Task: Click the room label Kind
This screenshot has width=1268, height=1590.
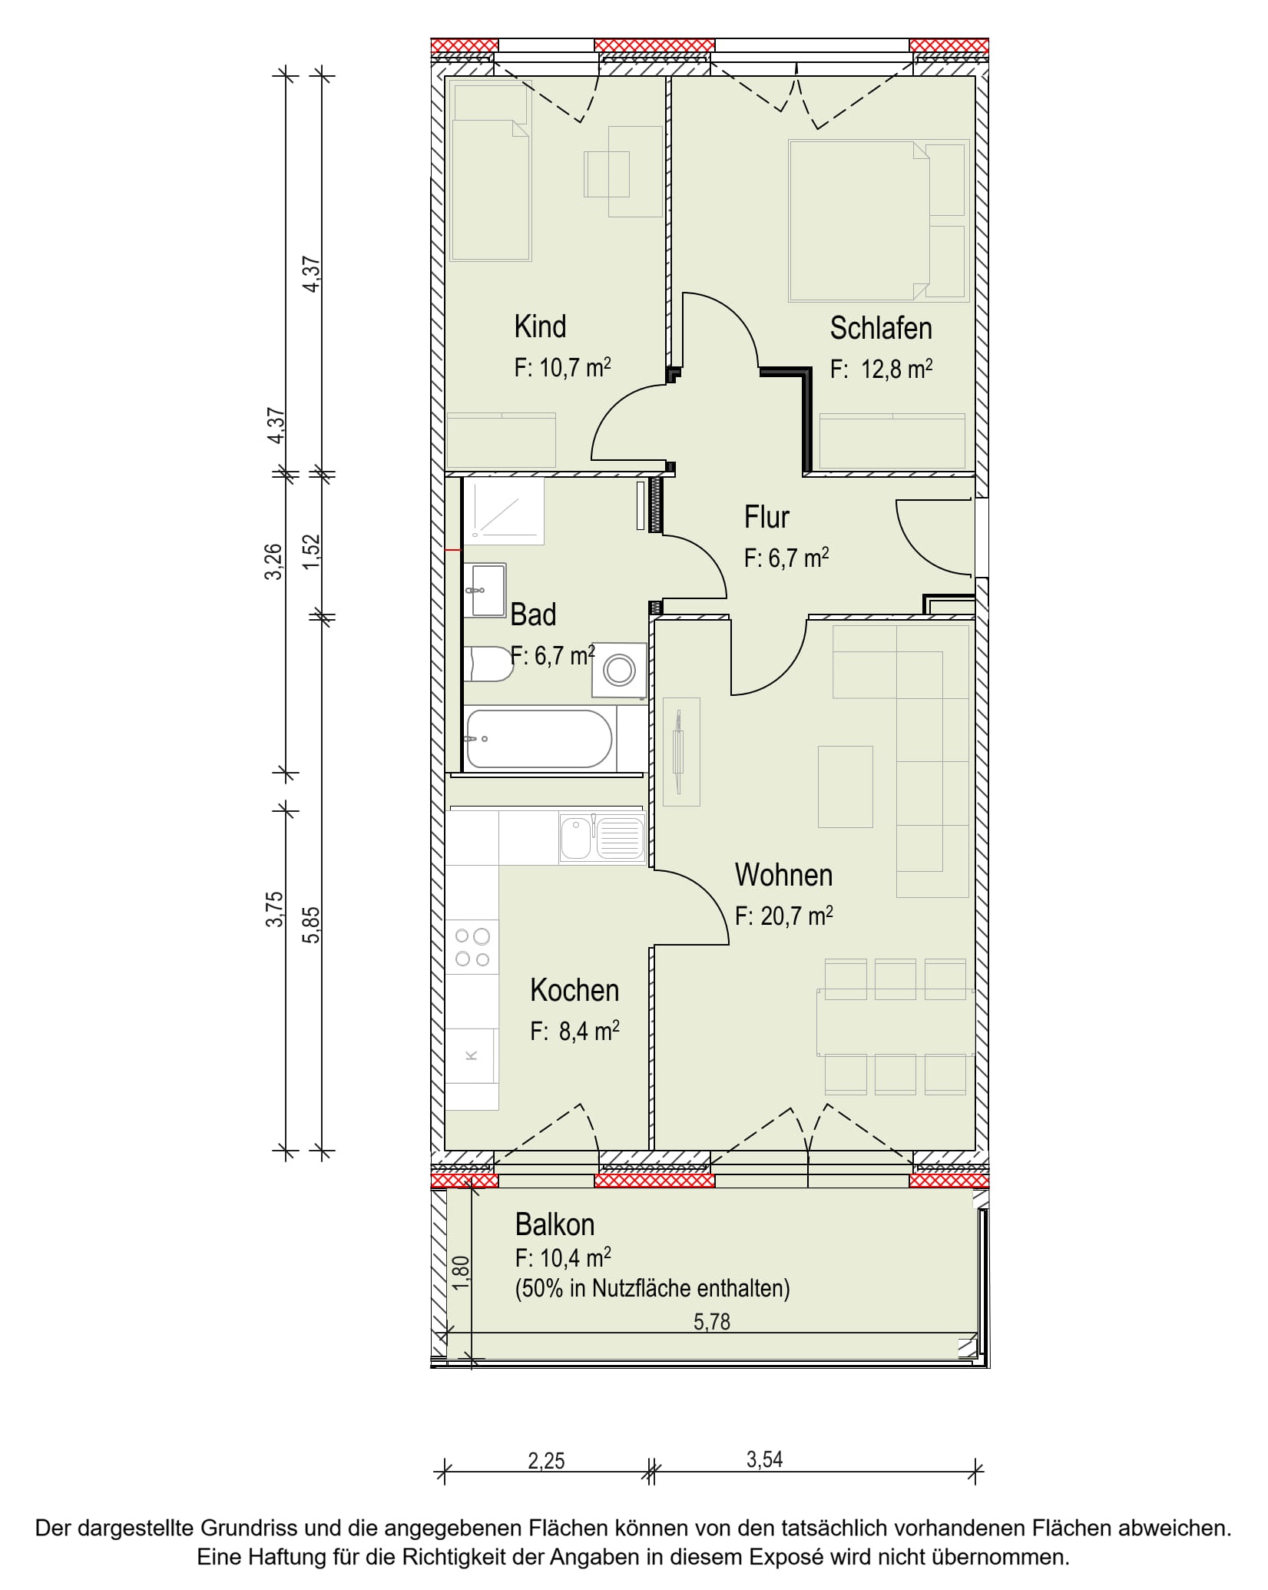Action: [540, 326]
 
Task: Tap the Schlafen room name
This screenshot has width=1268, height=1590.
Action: [881, 328]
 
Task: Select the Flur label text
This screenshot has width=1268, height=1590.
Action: [766, 517]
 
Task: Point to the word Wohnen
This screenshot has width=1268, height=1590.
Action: [783, 875]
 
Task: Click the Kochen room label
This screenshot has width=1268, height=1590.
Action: [574, 990]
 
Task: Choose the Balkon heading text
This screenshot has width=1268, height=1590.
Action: [555, 1224]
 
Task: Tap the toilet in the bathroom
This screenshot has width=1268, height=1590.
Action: [488, 664]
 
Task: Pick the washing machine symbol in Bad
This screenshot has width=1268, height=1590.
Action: [619, 671]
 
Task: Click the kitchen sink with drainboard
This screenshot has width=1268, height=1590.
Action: [602, 838]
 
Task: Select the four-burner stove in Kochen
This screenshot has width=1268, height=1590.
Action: [472, 947]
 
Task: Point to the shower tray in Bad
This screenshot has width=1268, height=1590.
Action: [505, 511]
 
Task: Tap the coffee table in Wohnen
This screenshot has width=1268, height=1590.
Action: [846, 787]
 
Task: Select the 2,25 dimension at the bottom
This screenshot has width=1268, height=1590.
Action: [546, 1460]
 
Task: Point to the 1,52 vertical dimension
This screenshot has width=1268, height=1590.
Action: [311, 552]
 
